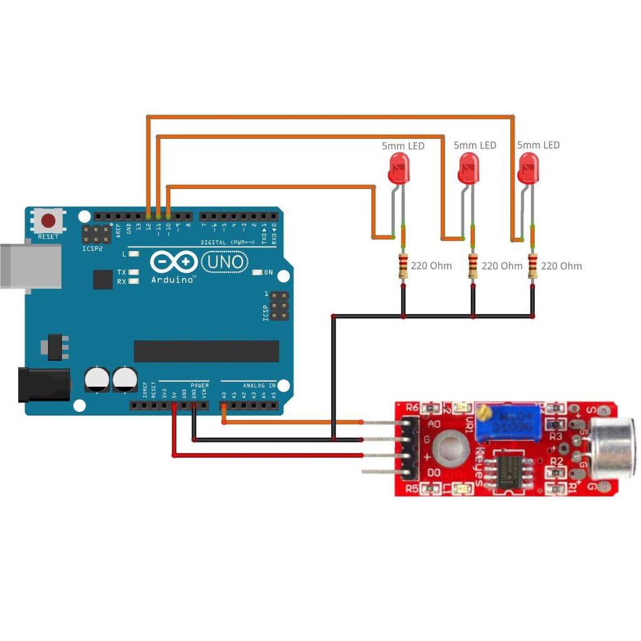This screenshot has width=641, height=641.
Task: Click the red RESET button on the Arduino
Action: click(x=48, y=221)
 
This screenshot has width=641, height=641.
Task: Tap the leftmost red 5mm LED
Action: click(x=399, y=170)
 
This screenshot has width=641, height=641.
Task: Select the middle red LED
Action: click(x=468, y=170)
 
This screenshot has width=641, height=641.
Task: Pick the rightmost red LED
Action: click(x=528, y=170)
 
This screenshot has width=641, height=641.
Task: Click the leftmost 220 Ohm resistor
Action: click(x=403, y=266)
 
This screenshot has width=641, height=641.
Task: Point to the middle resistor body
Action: click(x=473, y=266)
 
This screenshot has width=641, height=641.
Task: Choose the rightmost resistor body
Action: click(x=533, y=266)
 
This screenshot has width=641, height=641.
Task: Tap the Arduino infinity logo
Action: click(x=173, y=262)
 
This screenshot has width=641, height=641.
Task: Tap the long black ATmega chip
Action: click(x=206, y=351)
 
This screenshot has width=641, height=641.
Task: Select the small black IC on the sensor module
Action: click(x=512, y=470)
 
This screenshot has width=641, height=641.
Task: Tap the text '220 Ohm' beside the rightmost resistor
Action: click(x=561, y=266)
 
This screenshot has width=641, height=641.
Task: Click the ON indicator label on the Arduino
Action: click(x=268, y=272)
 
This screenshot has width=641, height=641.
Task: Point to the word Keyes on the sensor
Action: click(x=479, y=466)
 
